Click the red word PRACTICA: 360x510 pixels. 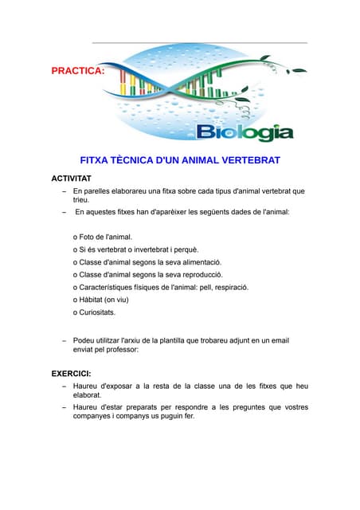tap(78, 71)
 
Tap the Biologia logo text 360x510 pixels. tap(245, 131)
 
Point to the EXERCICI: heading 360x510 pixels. tap(71, 373)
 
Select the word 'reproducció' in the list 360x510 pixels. tap(199, 275)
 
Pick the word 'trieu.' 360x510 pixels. tap(83, 201)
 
